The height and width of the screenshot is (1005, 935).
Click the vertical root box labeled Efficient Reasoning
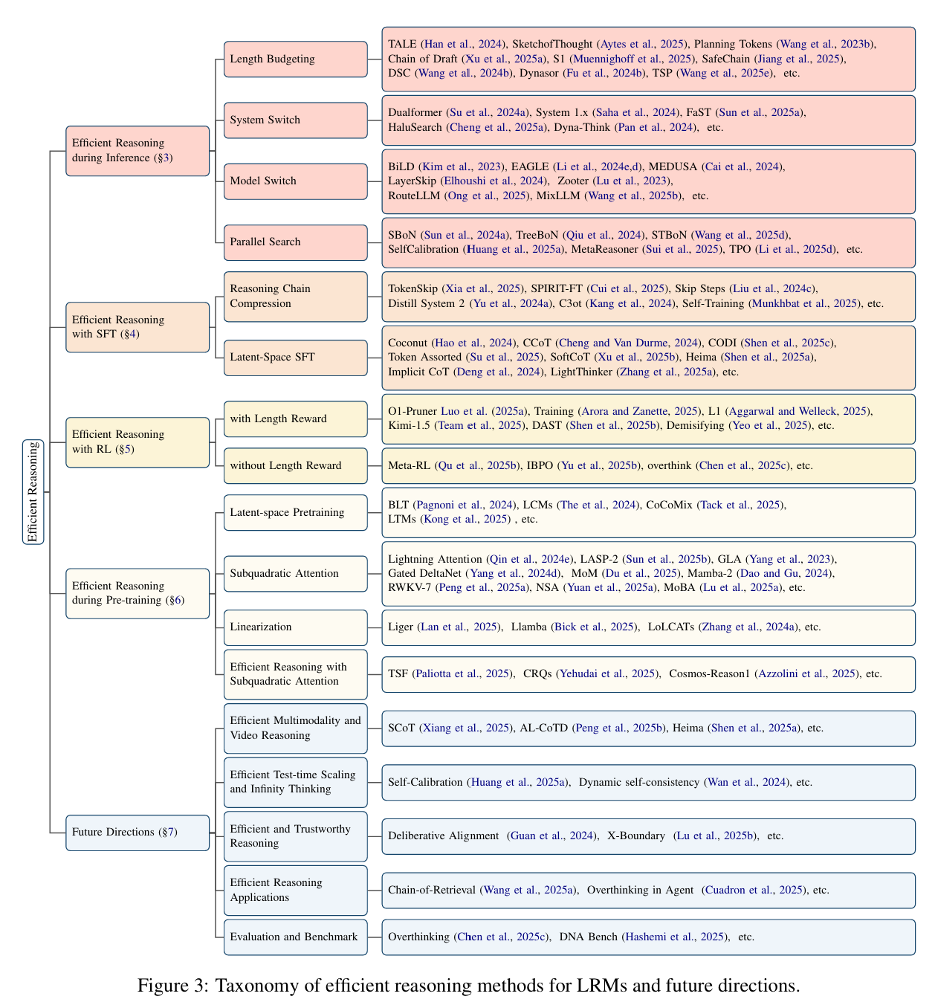[33, 491]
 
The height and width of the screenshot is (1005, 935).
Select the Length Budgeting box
[295, 59]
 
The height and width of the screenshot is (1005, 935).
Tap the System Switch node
[295, 120]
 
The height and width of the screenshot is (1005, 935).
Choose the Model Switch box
[295, 181]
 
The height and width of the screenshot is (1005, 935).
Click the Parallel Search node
[295, 242]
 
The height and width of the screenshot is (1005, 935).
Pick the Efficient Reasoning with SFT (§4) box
[137, 327]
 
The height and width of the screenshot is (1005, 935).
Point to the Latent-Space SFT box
[295, 358]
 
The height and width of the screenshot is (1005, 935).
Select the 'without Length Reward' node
[295, 466]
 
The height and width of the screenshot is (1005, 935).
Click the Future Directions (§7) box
[137, 833]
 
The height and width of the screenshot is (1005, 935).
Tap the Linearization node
[295, 627]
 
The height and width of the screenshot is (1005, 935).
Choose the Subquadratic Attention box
[295, 574]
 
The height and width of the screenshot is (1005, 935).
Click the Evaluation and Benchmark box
[295, 937]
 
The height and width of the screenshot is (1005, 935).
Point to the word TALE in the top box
[402, 45]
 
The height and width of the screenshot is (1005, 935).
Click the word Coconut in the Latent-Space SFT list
[408, 343]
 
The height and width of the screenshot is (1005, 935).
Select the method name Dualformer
[415, 113]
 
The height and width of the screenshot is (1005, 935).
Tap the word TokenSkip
[414, 289]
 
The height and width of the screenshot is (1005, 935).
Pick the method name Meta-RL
[409, 466]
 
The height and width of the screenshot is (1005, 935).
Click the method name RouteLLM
[415, 196]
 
